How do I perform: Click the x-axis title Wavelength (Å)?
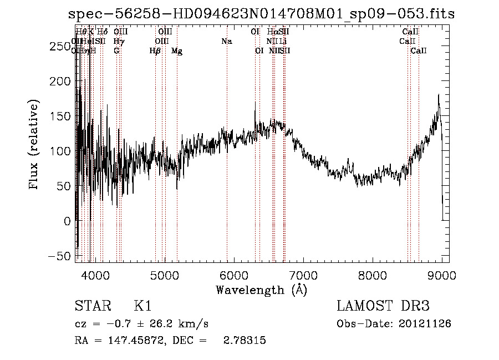pyautogui.click(x=261, y=290)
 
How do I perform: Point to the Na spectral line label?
pyautogui.click(x=226, y=42)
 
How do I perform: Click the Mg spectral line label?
pyautogui.click(x=177, y=51)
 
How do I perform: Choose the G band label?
pyautogui.click(x=116, y=51)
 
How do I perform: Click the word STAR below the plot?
pyautogui.click(x=91, y=306)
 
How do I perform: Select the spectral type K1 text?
pyautogui.click(x=142, y=306)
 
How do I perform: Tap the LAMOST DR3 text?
pyautogui.click(x=383, y=306)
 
